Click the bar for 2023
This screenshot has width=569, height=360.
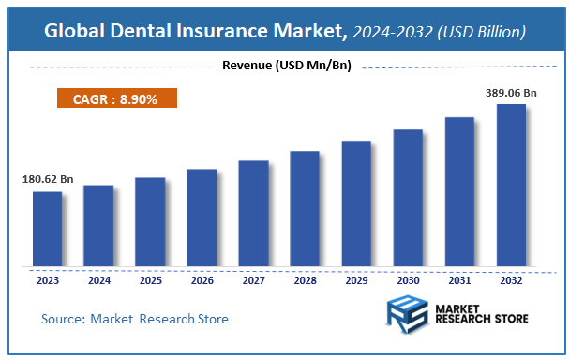click(x=47, y=229)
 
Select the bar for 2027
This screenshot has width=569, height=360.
click(x=253, y=214)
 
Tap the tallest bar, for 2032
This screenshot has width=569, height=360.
click(x=511, y=186)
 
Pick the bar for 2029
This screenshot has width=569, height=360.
click(x=356, y=203)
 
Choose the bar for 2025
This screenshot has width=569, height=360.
click(x=150, y=222)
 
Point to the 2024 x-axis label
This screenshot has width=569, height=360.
click(x=98, y=278)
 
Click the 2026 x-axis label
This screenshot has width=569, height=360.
click(x=202, y=278)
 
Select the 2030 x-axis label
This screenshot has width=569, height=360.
click(x=408, y=278)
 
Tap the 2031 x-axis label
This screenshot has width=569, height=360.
click(x=459, y=278)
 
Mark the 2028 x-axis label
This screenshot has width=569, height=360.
click(x=305, y=278)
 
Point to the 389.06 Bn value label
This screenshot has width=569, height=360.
click(x=509, y=94)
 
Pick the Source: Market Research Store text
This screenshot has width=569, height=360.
click(x=135, y=320)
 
